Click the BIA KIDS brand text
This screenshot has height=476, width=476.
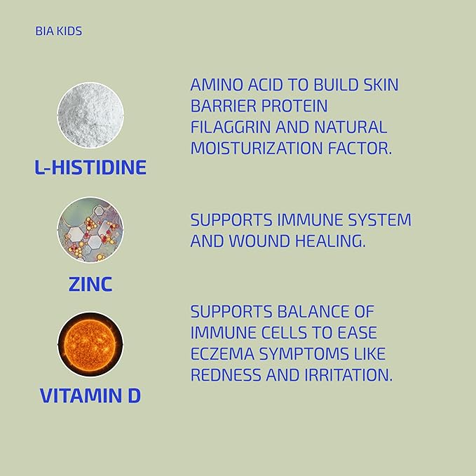tap(58, 32)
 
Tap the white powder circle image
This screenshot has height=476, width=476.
tap(90, 116)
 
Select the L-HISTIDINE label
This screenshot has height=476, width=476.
tap(90, 168)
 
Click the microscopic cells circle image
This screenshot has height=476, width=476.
tap(90, 230)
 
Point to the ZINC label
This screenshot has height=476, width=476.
tap(90, 284)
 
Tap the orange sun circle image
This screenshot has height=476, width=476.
tap(90, 344)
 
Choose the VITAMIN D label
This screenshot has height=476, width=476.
tap(90, 395)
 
